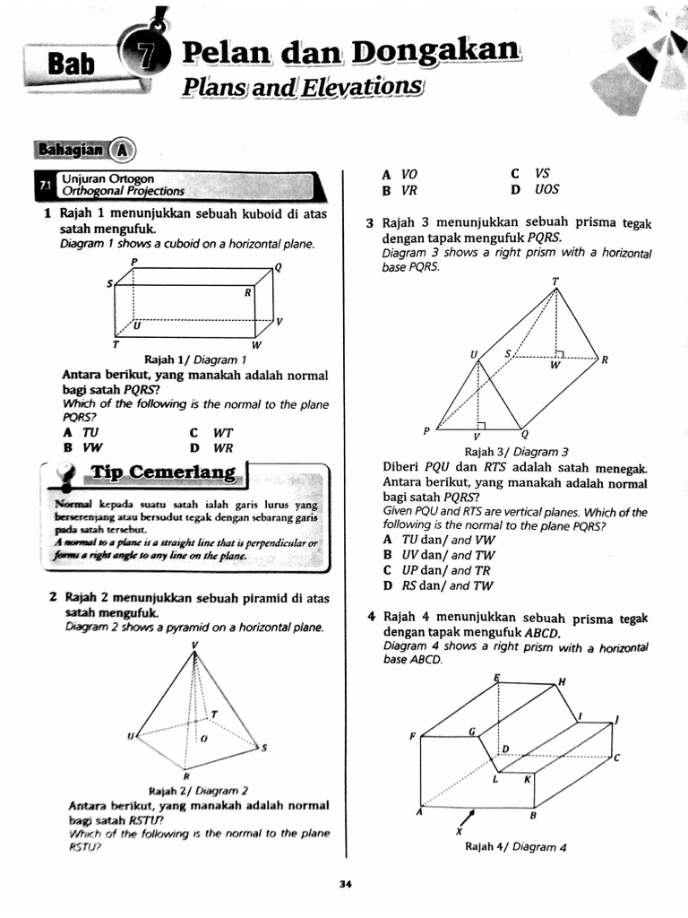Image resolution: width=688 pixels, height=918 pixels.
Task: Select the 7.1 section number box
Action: click(43, 185)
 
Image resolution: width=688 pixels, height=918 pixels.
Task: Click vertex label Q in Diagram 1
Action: click(278, 267)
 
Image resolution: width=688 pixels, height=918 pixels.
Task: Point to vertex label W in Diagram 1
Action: click(256, 345)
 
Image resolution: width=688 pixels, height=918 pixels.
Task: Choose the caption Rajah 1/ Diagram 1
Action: click(194, 359)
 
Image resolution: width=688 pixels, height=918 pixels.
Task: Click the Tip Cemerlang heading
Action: click(162, 472)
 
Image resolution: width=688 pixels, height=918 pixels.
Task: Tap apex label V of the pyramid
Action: click(194, 645)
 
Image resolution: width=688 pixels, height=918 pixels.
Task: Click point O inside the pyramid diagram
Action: click(202, 739)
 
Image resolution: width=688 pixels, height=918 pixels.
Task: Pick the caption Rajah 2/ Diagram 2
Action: click(198, 791)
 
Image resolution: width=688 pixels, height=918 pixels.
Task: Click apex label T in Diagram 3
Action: click(555, 281)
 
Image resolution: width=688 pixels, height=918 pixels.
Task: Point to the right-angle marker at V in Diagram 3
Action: click(481, 426)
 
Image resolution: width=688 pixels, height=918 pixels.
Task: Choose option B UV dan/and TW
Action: click(438, 555)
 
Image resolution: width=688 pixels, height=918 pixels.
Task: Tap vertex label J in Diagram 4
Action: click(615, 720)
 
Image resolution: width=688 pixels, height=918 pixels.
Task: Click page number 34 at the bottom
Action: click(345, 885)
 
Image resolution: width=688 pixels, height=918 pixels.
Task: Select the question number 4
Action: click(370, 617)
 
